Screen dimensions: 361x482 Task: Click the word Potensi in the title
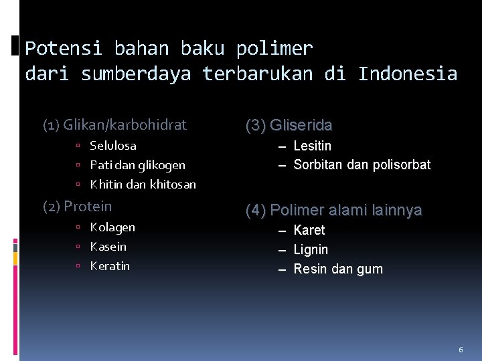click(64, 49)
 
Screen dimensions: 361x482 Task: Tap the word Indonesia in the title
click(408, 74)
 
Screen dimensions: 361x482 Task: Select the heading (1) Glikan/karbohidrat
click(114, 125)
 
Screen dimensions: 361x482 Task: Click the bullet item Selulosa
click(113, 146)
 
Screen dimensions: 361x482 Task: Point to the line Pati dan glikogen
click(137, 165)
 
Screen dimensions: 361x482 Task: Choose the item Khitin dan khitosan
click(143, 185)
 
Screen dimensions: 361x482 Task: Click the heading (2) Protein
click(78, 207)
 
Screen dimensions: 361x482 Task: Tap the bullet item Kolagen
click(112, 227)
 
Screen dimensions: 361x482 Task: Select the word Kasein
click(108, 247)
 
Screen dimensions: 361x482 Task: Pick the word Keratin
click(110, 266)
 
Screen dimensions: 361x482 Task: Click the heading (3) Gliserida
click(289, 126)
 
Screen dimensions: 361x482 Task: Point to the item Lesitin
click(313, 146)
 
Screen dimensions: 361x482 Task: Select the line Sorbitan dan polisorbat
click(361, 165)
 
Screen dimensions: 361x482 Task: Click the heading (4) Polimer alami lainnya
click(333, 211)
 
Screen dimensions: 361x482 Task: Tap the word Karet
click(309, 231)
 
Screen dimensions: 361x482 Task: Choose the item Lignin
click(311, 250)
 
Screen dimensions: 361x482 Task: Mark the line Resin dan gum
click(338, 269)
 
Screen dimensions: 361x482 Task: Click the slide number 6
click(461, 350)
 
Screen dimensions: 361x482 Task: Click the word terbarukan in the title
click(257, 74)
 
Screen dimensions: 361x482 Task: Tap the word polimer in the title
click(274, 49)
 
